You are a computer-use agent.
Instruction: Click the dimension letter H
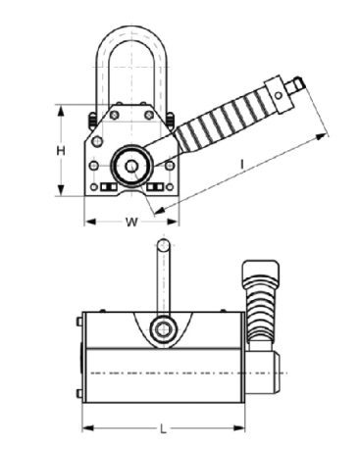61,151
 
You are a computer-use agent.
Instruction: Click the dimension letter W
131,222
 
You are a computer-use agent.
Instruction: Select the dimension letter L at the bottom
163,428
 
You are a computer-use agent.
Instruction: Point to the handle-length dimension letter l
242,164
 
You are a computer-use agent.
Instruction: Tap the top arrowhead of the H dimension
61,112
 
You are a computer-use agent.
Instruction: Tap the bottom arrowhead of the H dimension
61,190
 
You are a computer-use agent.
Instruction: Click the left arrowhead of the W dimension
90,222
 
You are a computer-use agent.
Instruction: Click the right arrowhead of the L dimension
238,427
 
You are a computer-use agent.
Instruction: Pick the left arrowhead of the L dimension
88,427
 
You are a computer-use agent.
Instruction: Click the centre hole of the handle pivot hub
131,167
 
